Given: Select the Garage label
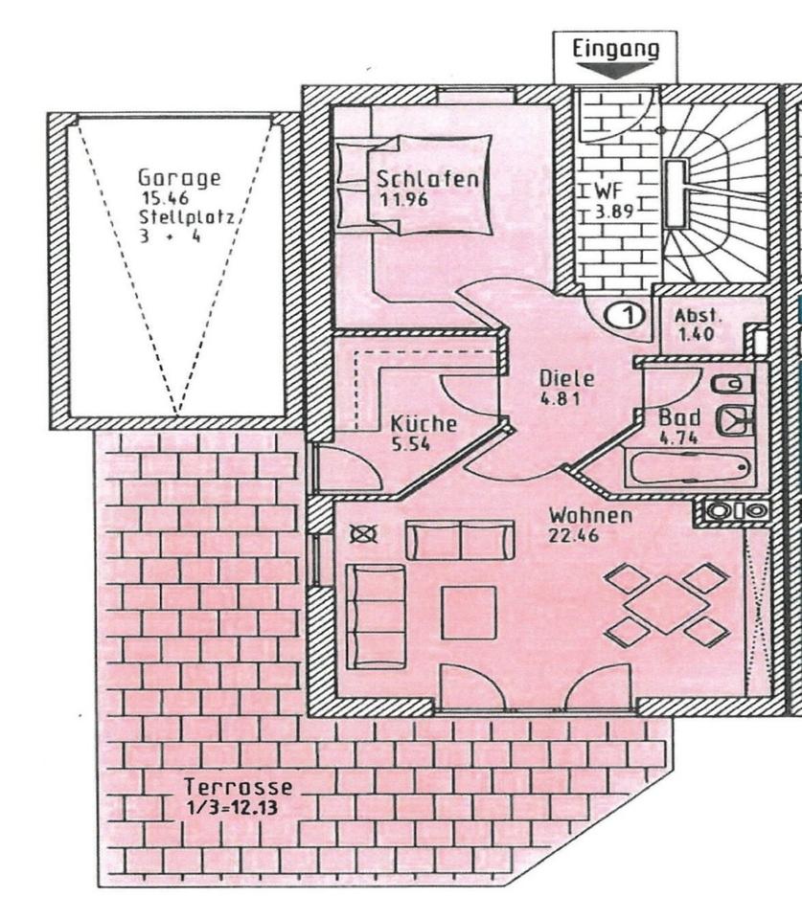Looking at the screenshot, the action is [179, 177].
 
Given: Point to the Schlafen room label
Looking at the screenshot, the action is [426, 179].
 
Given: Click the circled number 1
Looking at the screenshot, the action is [624, 313].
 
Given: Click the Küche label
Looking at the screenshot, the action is [423, 424].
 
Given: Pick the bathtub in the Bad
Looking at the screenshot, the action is [689, 470].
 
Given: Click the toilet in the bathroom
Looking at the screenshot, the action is [733, 384].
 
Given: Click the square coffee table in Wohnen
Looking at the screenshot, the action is [469, 612].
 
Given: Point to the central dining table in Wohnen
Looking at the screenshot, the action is [668, 604].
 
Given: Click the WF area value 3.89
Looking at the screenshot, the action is [609, 213].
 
